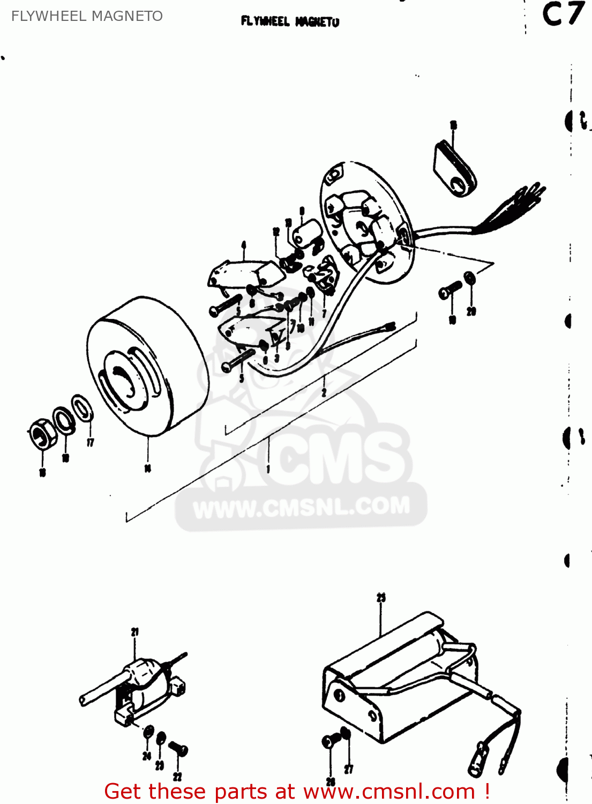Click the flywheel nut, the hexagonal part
[41, 434]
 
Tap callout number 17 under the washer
[90, 442]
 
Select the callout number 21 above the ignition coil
[134, 632]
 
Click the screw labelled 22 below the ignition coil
[178, 748]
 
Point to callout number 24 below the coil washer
[147, 756]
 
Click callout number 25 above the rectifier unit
[381, 598]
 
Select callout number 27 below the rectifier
[349, 770]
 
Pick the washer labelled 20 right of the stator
[469, 278]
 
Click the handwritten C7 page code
[562, 14]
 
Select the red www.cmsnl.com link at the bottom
[389, 792]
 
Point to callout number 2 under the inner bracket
[324, 393]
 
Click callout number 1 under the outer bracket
[268, 469]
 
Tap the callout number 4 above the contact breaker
[244, 245]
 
